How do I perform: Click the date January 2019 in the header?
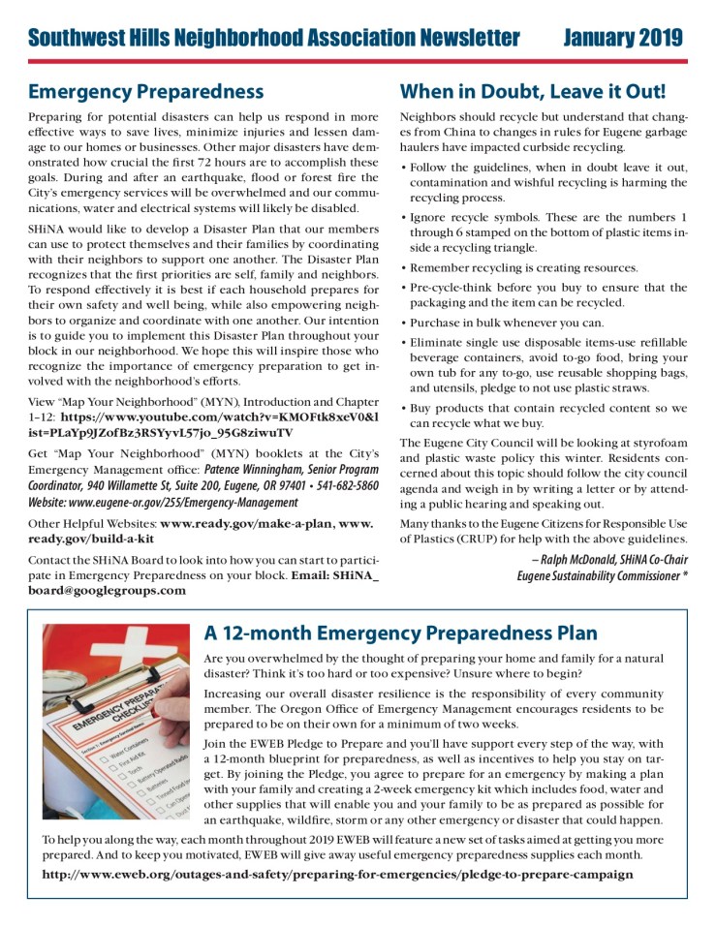pyautogui.click(x=622, y=38)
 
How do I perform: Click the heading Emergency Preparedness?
pyautogui.click(x=145, y=92)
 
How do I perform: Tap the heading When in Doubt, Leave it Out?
pyautogui.click(x=533, y=92)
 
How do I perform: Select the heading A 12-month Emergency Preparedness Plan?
pyautogui.click(x=400, y=633)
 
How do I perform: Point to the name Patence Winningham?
pyautogui.click(x=262, y=470)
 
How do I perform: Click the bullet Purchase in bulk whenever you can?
pyautogui.click(x=507, y=323)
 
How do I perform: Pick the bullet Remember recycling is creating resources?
pyautogui.click(x=524, y=267)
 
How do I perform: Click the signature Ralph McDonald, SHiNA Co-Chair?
pyautogui.click(x=609, y=560)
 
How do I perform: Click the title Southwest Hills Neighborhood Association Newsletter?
pyautogui.click(x=273, y=38)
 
